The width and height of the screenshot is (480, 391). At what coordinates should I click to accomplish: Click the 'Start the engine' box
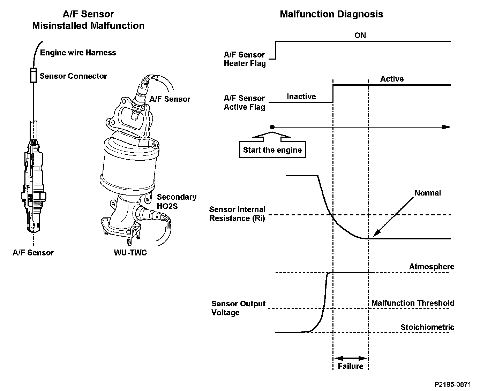(x=272, y=150)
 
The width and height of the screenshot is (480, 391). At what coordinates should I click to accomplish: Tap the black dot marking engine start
(x=272, y=127)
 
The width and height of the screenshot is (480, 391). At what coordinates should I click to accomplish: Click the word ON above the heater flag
(x=360, y=35)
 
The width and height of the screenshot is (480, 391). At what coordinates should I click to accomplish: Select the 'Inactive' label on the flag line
(x=301, y=97)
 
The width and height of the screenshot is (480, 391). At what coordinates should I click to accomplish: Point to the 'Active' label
(x=392, y=79)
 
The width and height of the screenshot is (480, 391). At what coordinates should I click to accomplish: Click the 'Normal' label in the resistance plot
(x=427, y=193)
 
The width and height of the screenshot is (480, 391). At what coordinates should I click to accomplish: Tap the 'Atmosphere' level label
(x=432, y=267)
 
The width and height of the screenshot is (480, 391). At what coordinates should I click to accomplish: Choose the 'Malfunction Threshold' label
(x=413, y=303)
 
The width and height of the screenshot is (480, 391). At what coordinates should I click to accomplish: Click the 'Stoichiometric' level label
(x=427, y=327)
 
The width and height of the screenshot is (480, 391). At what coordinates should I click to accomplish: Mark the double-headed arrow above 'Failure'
(x=351, y=358)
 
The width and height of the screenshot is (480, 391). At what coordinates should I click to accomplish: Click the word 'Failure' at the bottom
(x=351, y=366)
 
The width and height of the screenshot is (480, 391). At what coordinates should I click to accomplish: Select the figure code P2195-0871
(x=452, y=384)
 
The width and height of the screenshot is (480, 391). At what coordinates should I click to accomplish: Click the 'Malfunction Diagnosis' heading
(x=331, y=14)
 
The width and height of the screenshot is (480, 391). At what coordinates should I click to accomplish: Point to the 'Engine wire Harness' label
(x=78, y=53)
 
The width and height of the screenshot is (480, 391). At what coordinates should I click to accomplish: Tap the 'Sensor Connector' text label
(x=73, y=76)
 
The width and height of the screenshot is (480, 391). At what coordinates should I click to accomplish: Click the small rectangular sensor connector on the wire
(x=33, y=75)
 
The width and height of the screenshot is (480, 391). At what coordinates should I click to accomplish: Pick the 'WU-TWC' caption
(x=130, y=253)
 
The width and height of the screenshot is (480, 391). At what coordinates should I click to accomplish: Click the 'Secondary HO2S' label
(x=177, y=201)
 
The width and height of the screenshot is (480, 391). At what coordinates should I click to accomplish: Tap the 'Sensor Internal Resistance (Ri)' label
(x=237, y=214)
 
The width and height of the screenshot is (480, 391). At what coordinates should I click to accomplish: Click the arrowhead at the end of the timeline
(x=447, y=127)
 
